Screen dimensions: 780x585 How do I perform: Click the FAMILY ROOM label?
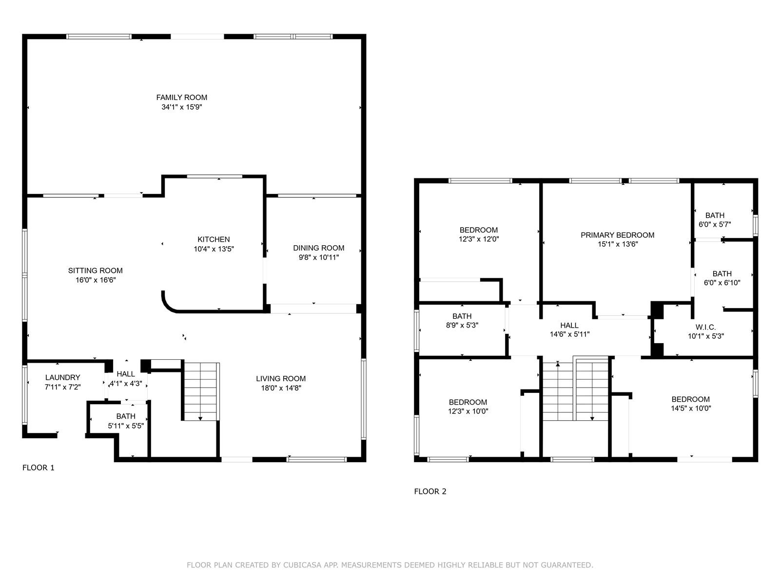click(x=181, y=97)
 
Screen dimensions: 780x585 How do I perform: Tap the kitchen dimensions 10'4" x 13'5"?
click(x=214, y=249)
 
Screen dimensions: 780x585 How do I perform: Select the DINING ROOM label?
click(x=318, y=248)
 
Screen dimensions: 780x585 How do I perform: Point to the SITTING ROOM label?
click(x=95, y=271)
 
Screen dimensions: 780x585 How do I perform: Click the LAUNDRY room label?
click(x=62, y=377)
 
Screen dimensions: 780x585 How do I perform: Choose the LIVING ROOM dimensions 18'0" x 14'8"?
click(x=281, y=388)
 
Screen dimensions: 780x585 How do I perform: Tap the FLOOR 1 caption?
click(x=39, y=468)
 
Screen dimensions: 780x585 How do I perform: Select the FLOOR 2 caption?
click(x=430, y=491)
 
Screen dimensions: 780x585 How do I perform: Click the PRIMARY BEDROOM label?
click(x=617, y=235)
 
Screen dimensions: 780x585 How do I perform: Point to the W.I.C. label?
click(x=705, y=327)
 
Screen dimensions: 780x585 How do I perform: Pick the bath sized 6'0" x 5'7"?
click(x=715, y=220)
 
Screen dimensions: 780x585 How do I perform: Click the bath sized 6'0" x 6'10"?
click(x=721, y=278)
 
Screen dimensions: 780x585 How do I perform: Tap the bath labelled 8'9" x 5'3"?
click(x=462, y=320)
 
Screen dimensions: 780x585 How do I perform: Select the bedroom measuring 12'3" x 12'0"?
click(x=479, y=234)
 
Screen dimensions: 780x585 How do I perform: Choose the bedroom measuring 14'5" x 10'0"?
click(x=690, y=404)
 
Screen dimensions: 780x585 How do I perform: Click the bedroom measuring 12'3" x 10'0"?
click(x=468, y=407)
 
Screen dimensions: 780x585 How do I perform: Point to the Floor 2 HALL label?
click(x=569, y=325)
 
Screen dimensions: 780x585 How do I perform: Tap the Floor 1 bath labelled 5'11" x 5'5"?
click(x=126, y=421)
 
